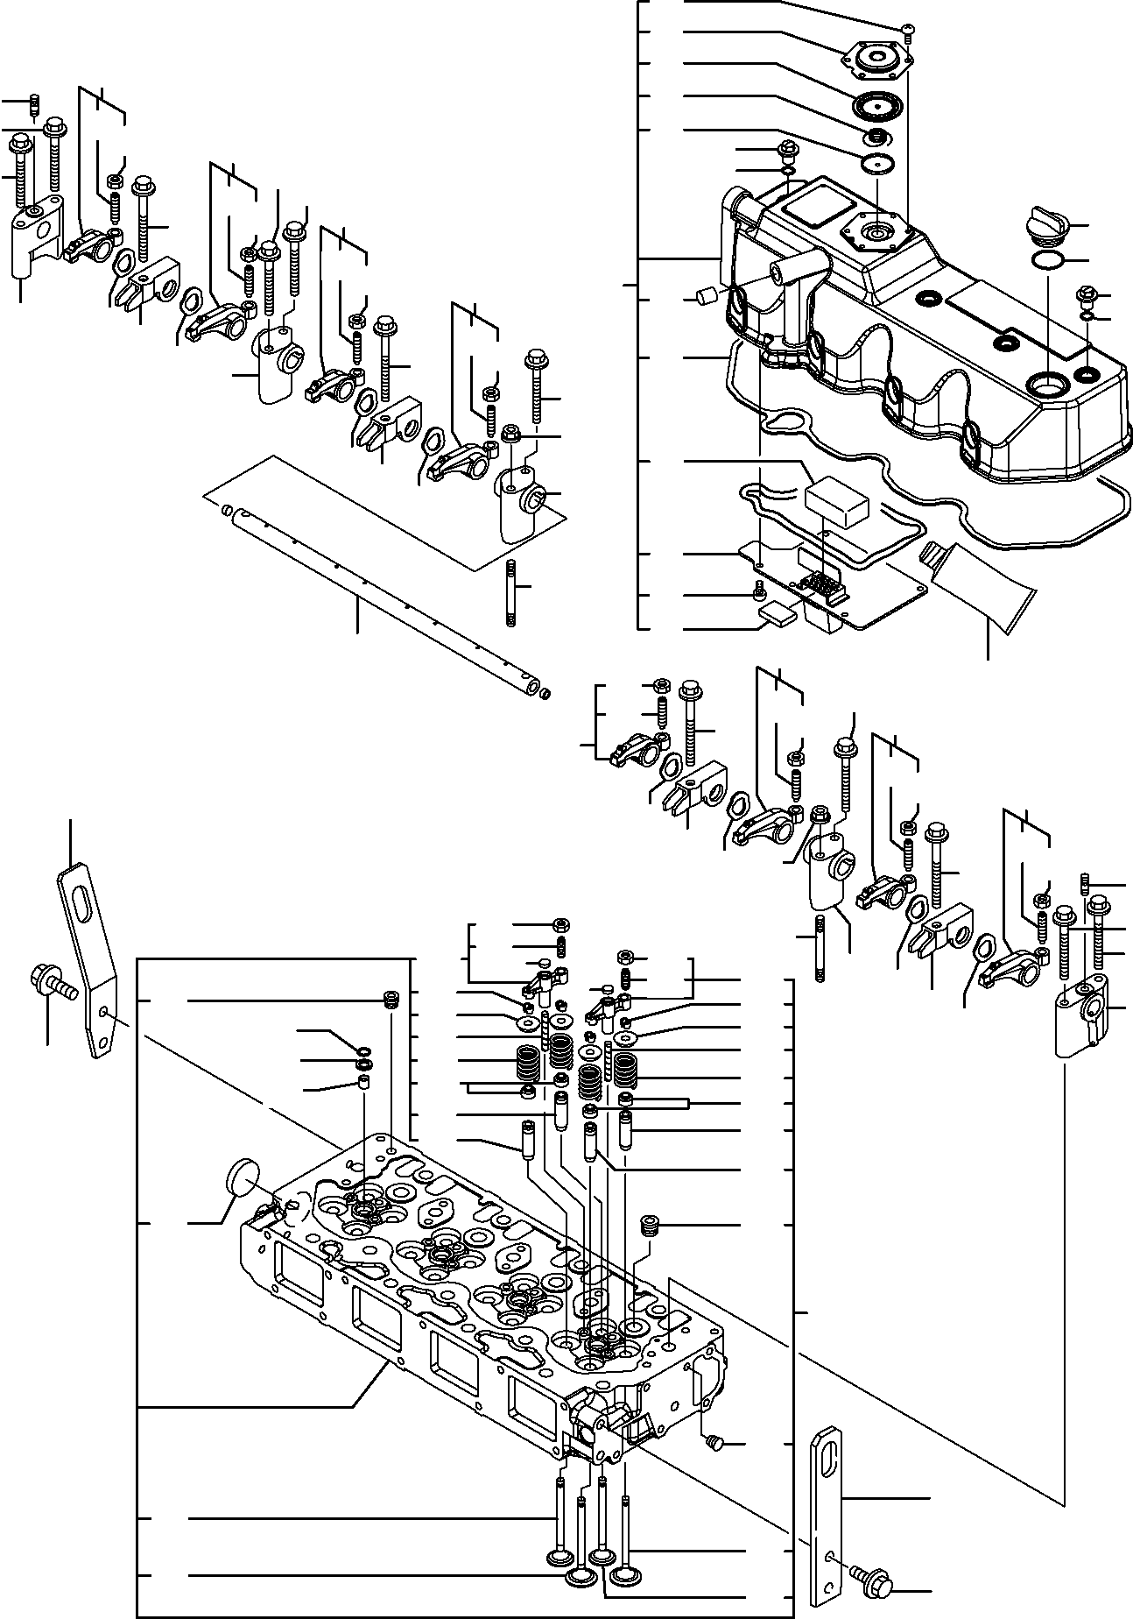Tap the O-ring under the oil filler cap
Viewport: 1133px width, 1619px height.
tap(1047, 260)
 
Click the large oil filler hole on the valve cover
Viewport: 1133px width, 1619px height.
tap(1047, 383)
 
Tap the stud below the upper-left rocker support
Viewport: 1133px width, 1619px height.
tap(511, 595)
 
